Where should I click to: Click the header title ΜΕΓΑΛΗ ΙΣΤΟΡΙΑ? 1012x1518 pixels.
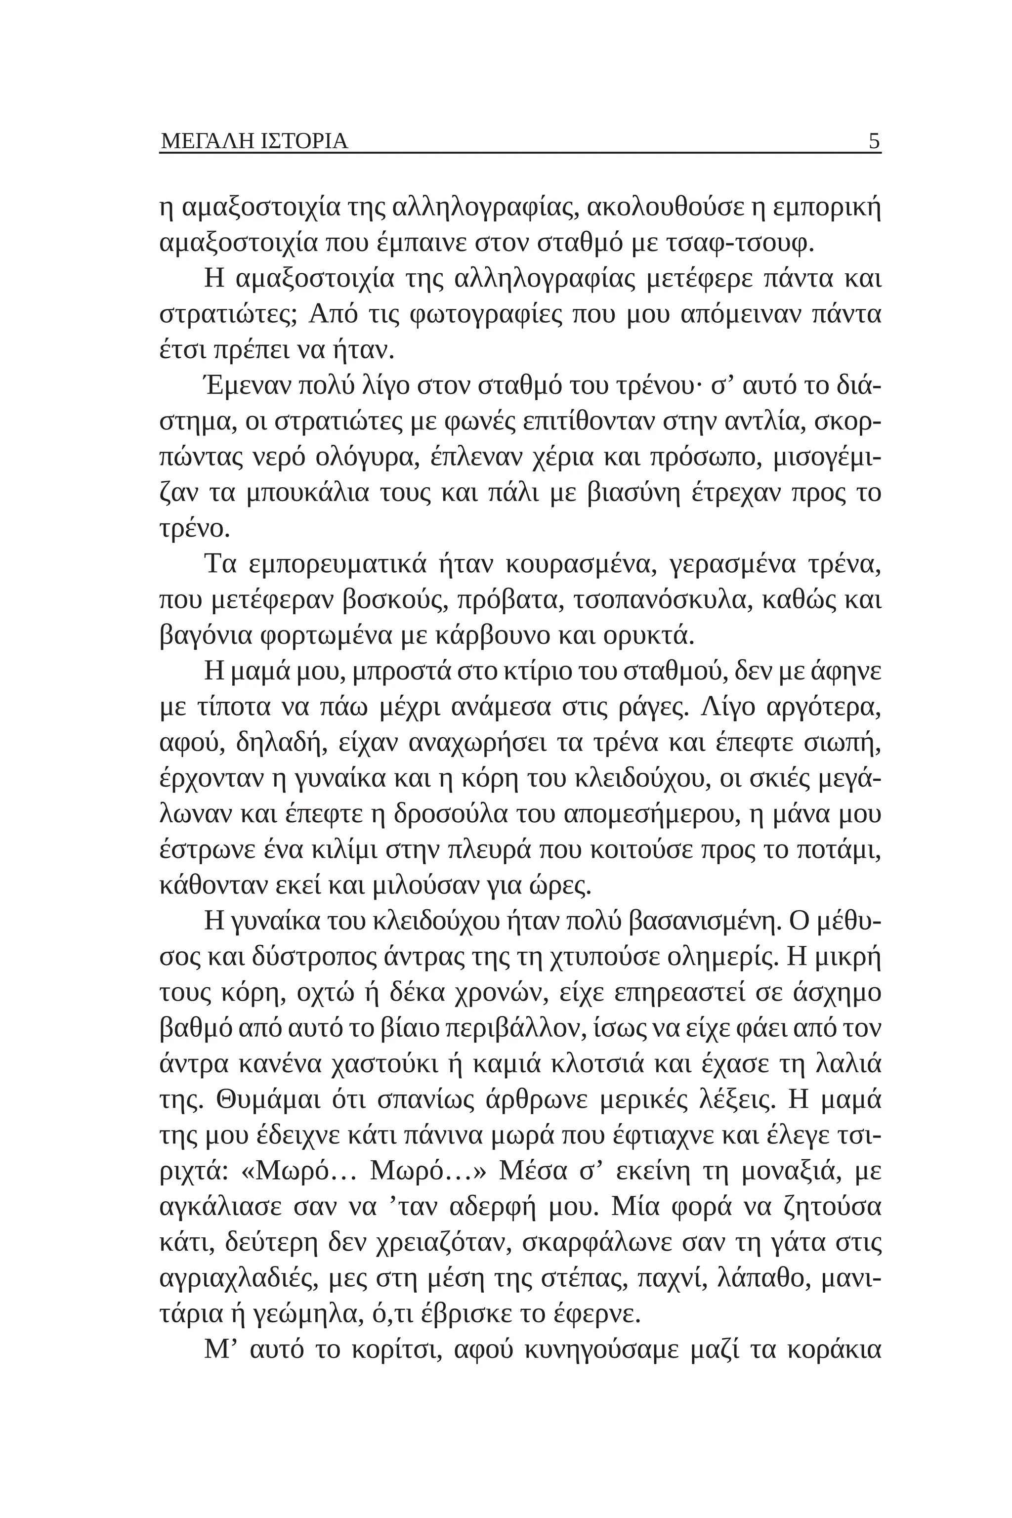point(253,141)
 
